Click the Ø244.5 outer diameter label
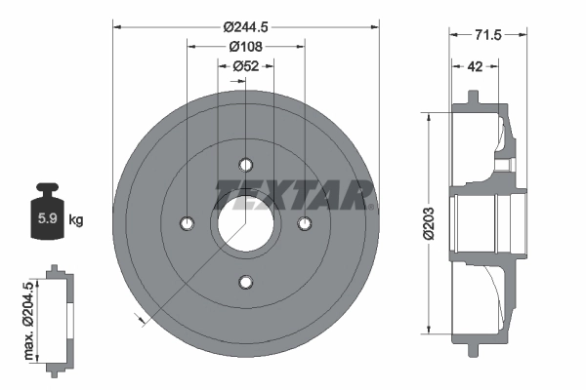(x=244, y=27)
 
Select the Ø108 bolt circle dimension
(x=244, y=46)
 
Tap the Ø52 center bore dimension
(x=244, y=65)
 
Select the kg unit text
(x=76, y=220)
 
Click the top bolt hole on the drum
(x=245, y=163)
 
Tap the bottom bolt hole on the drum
(x=245, y=283)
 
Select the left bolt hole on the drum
(x=186, y=223)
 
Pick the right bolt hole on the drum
(x=305, y=223)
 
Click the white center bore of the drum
(x=244, y=223)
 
